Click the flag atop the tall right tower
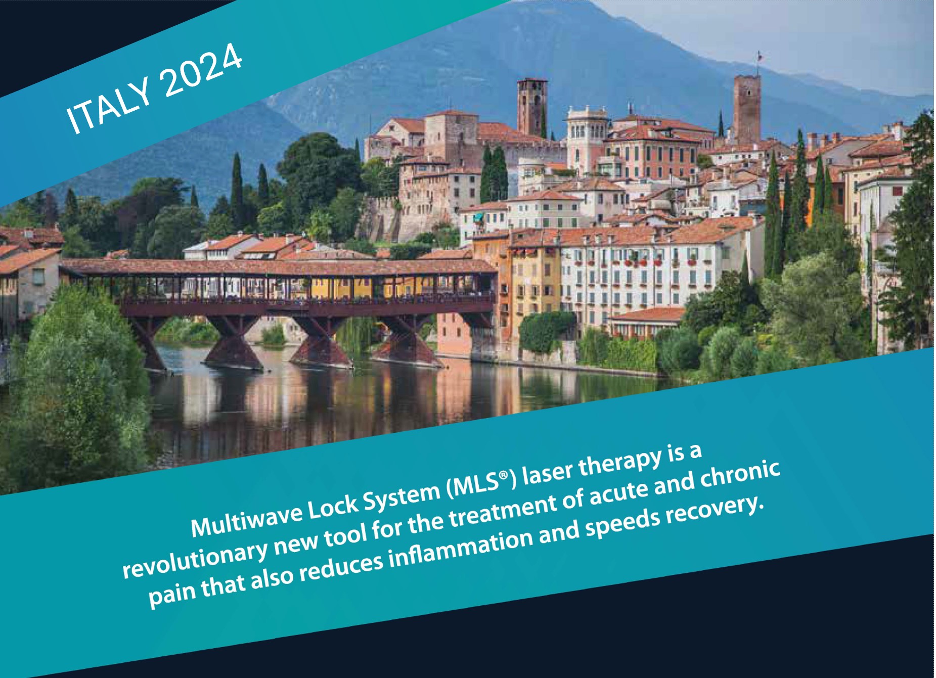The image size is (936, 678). point(759,56)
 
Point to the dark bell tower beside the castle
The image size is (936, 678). point(531,107)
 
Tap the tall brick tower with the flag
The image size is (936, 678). point(747,109)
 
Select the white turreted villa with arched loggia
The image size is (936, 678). point(587,137)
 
